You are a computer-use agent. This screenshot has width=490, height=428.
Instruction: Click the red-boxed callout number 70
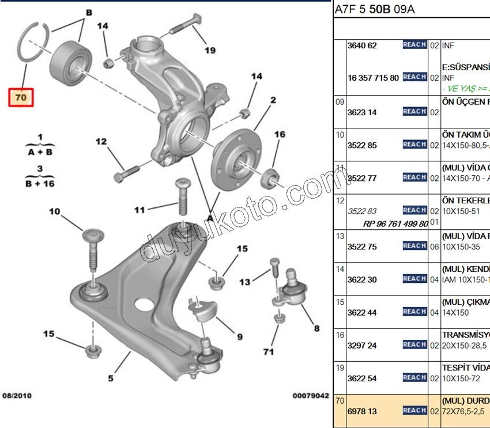pos(21,97)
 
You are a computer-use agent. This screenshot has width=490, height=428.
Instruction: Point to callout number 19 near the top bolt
pos(209,50)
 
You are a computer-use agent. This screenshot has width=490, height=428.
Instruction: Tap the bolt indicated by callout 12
pos(128,172)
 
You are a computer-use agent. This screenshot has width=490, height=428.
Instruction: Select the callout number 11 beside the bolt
pos(140,210)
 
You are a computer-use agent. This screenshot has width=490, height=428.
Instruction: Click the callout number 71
pos(268,351)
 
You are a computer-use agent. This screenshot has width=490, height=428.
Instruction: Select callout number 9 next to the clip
pos(239,337)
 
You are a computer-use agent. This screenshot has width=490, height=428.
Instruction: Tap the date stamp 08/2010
pos(17,396)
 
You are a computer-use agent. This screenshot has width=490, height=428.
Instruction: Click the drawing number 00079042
pos(310,396)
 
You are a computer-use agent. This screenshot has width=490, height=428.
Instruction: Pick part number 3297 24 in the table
pos(361,345)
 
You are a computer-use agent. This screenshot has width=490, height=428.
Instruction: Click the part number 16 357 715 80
pos(373,77)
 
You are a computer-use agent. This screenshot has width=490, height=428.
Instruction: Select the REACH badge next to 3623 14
pos(414,112)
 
